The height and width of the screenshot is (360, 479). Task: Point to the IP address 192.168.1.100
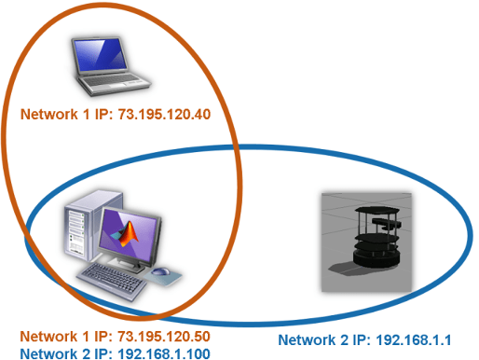pyautogui.click(x=154, y=353)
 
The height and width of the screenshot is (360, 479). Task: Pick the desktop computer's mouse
pyautogui.click(x=161, y=272)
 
